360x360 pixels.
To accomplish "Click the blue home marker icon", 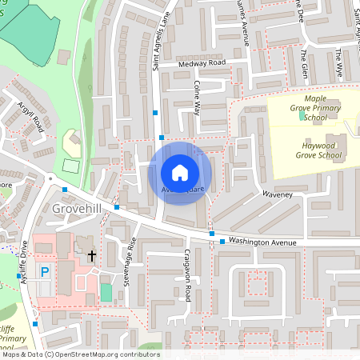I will point(180,172).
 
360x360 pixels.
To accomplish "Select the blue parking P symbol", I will point(46,272).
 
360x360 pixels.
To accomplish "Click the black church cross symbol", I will point(92,256).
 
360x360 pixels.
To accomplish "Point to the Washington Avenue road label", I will point(262,242).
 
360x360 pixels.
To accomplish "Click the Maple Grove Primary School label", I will point(305,112).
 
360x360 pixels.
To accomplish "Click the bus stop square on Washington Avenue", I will point(222,241).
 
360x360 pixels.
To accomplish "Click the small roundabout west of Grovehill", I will point(50,178).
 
